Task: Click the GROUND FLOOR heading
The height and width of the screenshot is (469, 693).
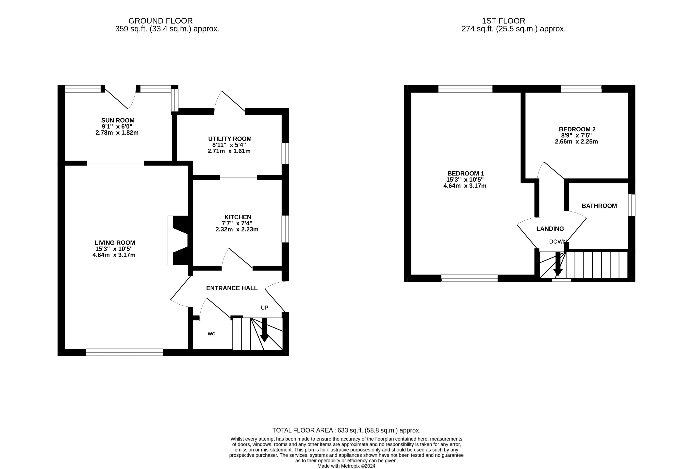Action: tap(160, 21)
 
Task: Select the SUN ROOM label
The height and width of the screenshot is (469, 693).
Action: tap(118, 120)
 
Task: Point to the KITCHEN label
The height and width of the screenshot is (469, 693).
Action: tap(238, 217)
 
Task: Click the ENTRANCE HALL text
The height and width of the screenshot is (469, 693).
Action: tap(232, 288)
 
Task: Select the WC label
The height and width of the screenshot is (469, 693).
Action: tap(211, 334)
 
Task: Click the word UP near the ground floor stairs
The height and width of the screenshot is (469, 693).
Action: tap(265, 308)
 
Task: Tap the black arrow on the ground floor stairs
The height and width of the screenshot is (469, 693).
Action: tap(264, 330)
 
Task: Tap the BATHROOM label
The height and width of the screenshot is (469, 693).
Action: tap(599, 206)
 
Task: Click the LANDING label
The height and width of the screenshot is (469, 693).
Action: tap(550, 229)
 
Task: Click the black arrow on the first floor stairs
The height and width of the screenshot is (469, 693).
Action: tap(558, 264)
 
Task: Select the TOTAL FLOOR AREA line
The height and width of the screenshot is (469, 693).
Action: tap(346, 430)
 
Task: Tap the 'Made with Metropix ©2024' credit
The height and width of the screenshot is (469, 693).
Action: tap(346, 466)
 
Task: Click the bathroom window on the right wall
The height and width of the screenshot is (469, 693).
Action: tap(632, 205)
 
